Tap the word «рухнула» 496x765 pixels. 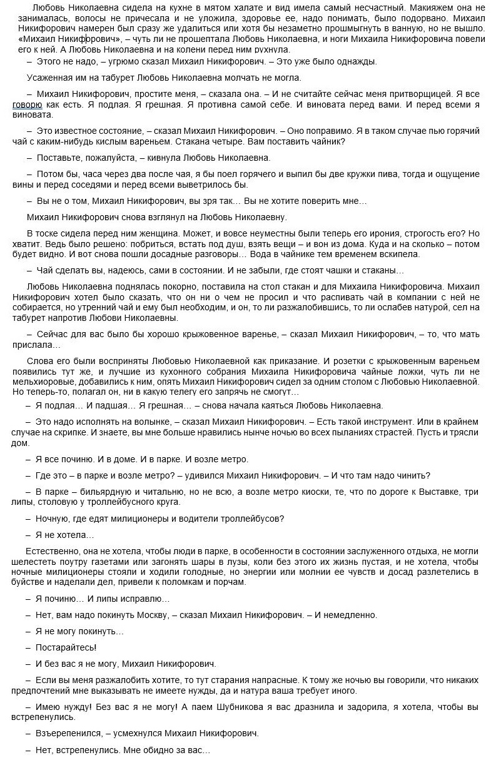point(269,49)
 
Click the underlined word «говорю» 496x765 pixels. point(28,105)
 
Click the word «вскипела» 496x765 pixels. point(400,254)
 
